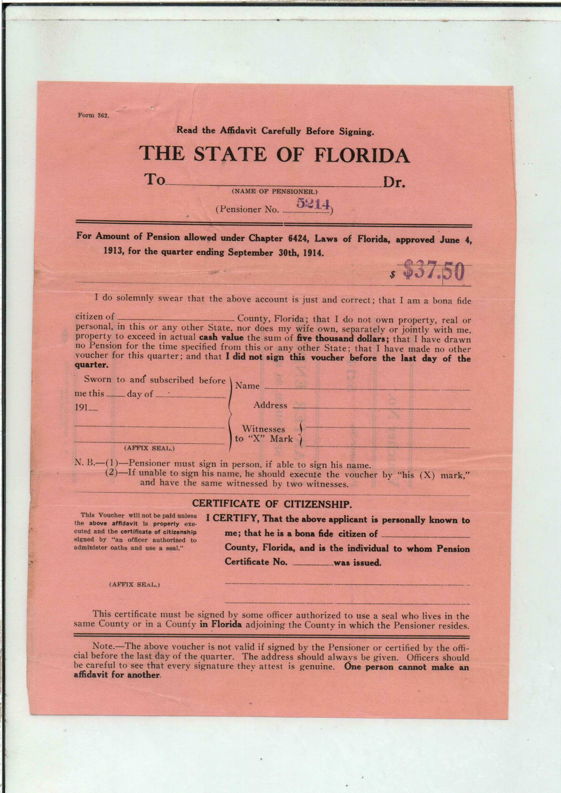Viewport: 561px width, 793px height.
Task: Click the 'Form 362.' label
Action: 93,116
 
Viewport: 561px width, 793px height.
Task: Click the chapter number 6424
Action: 299,238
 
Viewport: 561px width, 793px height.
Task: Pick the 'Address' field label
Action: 270,405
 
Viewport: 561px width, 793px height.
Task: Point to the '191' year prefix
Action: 81,407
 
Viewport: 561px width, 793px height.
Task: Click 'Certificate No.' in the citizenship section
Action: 256,561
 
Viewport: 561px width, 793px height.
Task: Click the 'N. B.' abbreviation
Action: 84,463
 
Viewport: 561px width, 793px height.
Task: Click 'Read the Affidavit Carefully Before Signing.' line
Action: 275,131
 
